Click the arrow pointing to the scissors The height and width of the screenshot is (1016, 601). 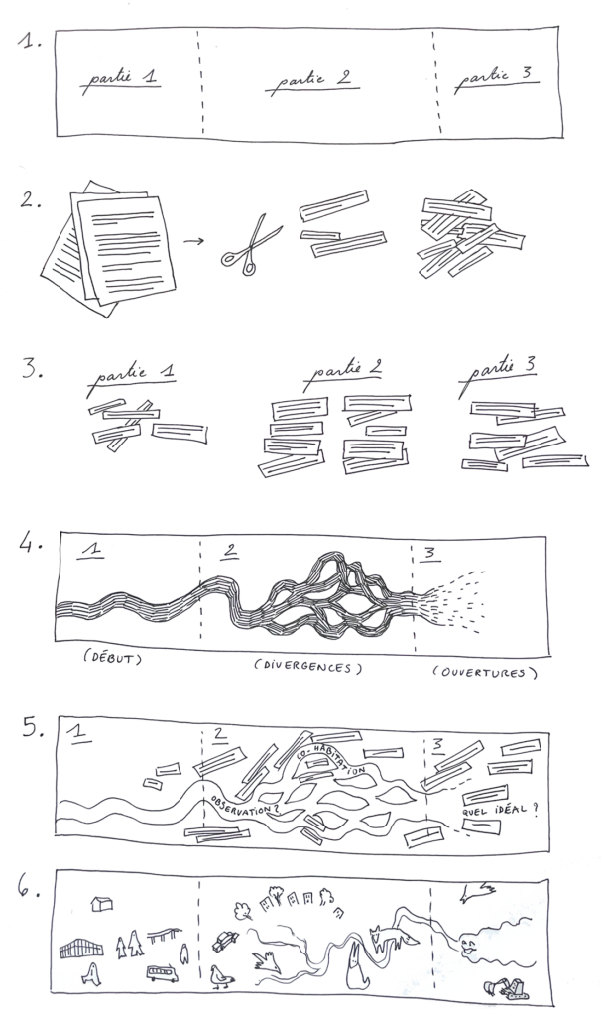click(193, 242)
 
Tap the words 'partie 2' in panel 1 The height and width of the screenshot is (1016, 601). click(312, 82)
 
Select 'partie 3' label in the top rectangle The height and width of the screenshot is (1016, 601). click(496, 79)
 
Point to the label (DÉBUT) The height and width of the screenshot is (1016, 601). click(112, 658)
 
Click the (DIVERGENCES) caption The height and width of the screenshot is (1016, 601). click(307, 666)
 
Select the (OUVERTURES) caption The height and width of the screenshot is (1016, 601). click(485, 672)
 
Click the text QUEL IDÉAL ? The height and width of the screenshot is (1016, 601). click(500, 810)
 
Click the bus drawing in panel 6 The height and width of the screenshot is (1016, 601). click(162, 973)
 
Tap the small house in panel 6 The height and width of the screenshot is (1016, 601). click(102, 903)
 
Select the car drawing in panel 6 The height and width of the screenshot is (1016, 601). click(225, 941)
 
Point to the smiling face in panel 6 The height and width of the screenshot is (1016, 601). click(469, 948)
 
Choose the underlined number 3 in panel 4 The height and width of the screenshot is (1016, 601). click(429, 554)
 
